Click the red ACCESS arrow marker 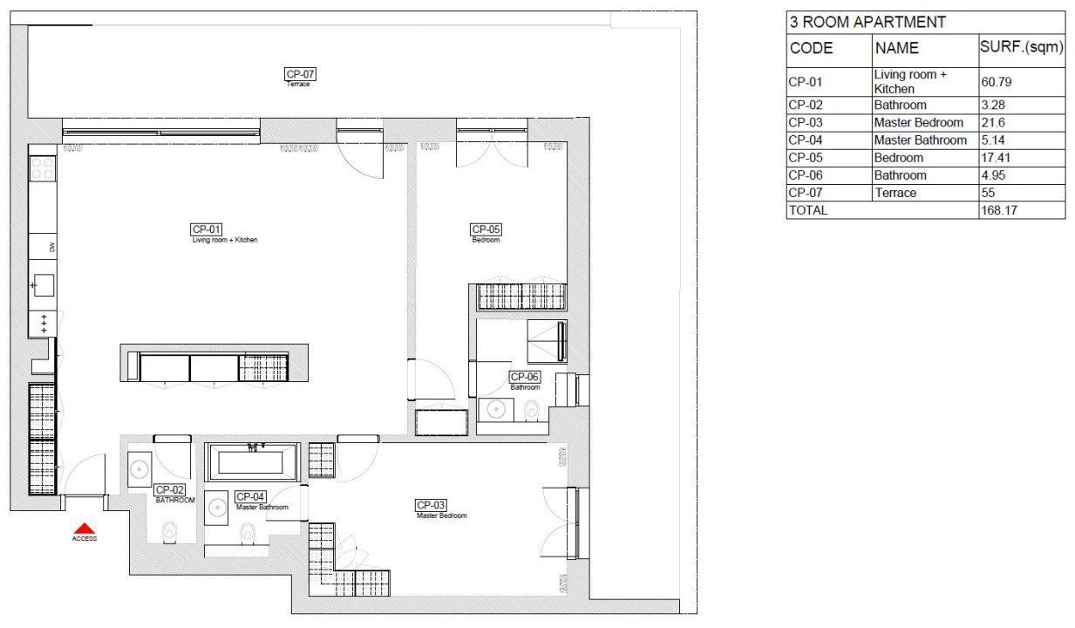pyautogui.click(x=84, y=529)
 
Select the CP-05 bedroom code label pyautogui.click(x=486, y=229)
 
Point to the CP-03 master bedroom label pyautogui.click(x=431, y=505)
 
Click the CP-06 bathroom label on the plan pyautogui.click(x=525, y=377)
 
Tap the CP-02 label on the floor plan pyautogui.click(x=169, y=490)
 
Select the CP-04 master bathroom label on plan pyautogui.click(x=250, y=496)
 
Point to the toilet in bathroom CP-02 pyautogui.click(x=171, y=529)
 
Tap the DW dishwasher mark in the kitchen pyautogui.click(x=52, y=248)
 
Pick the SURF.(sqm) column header pyautogui.click(x=1021, y=48)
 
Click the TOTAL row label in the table pyautogui.click(x=808, y=210)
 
